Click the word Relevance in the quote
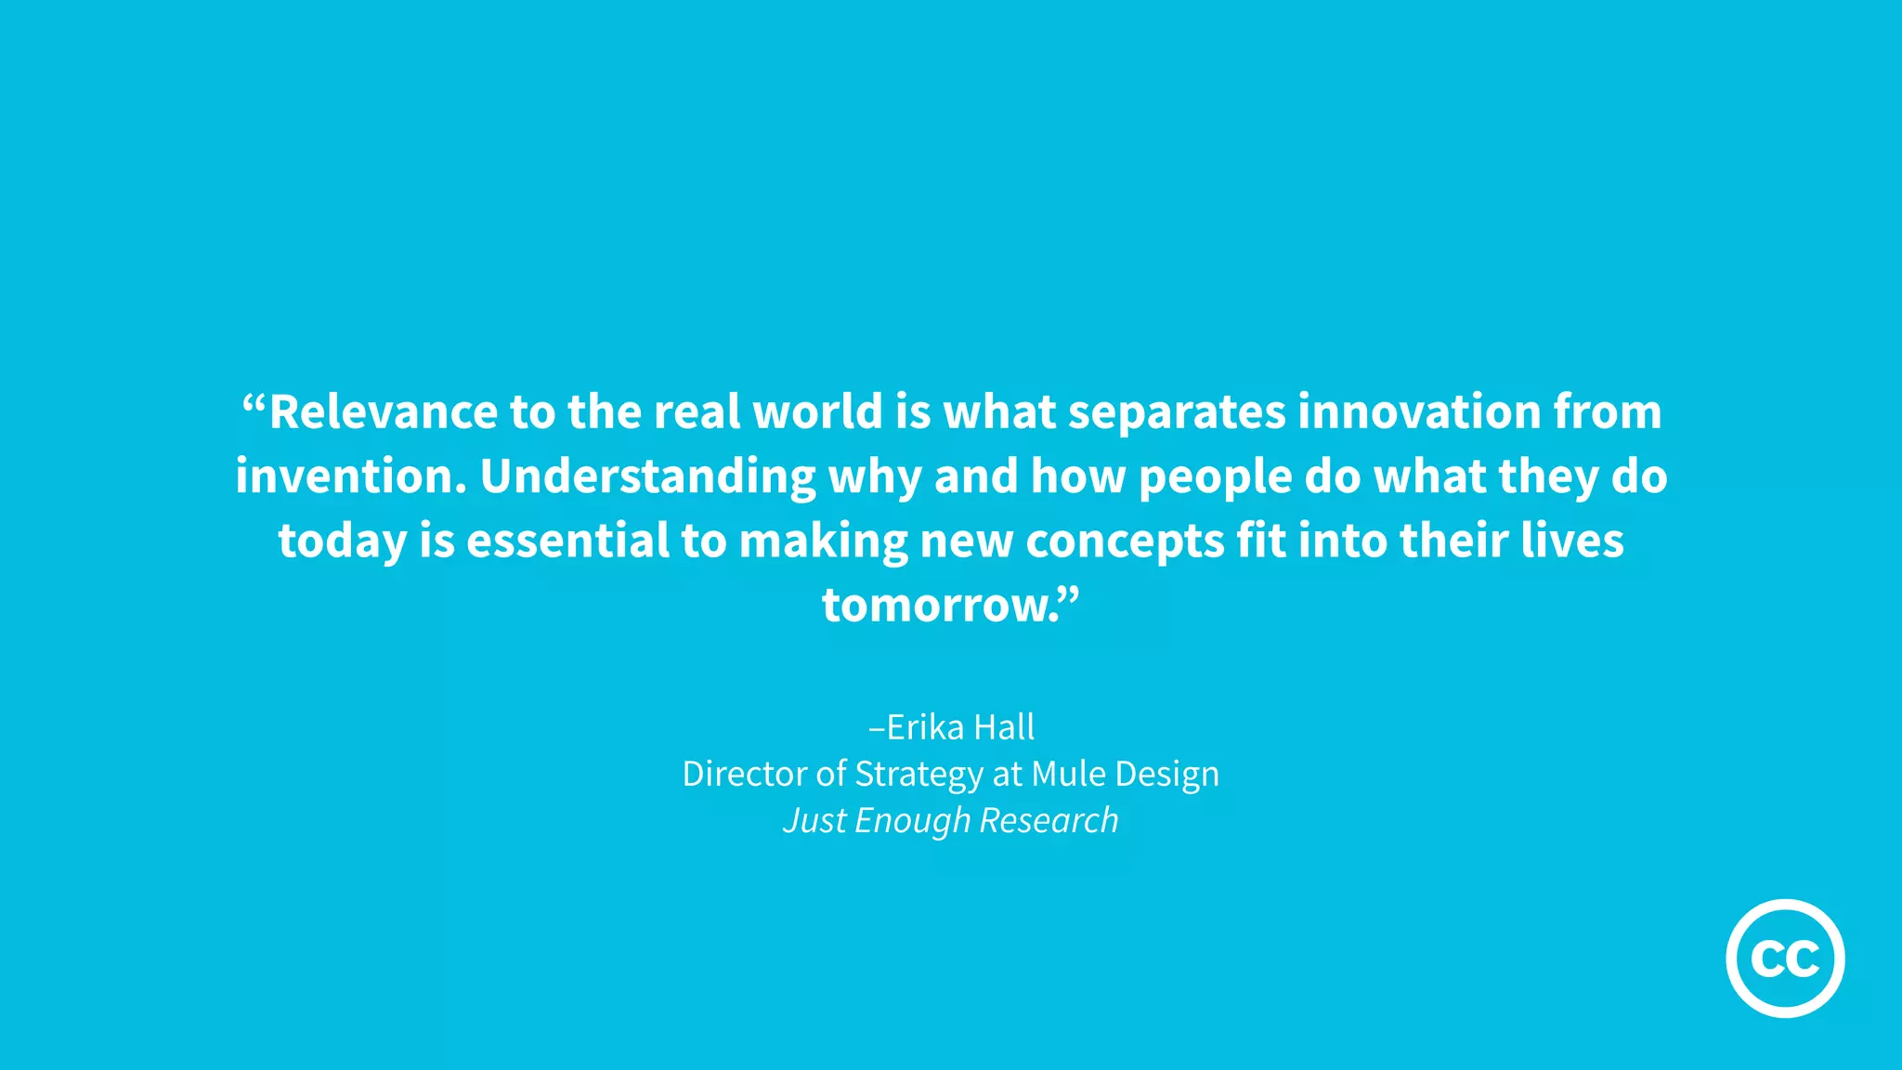click(384, 411)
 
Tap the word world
click(817, 411)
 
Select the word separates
click(1177, 411)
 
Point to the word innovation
click(1419, 411)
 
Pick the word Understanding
click(648, 476)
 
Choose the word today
click(342, 542)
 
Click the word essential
click(567, 541)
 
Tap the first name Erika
click(925, 727)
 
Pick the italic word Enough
click(912, 821)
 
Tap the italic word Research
click(1049, 820)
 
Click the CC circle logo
click(1785, 958)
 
